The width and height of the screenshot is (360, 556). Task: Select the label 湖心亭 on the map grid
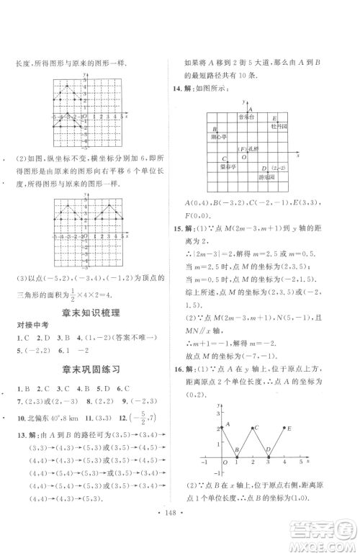tap(217, 135)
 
